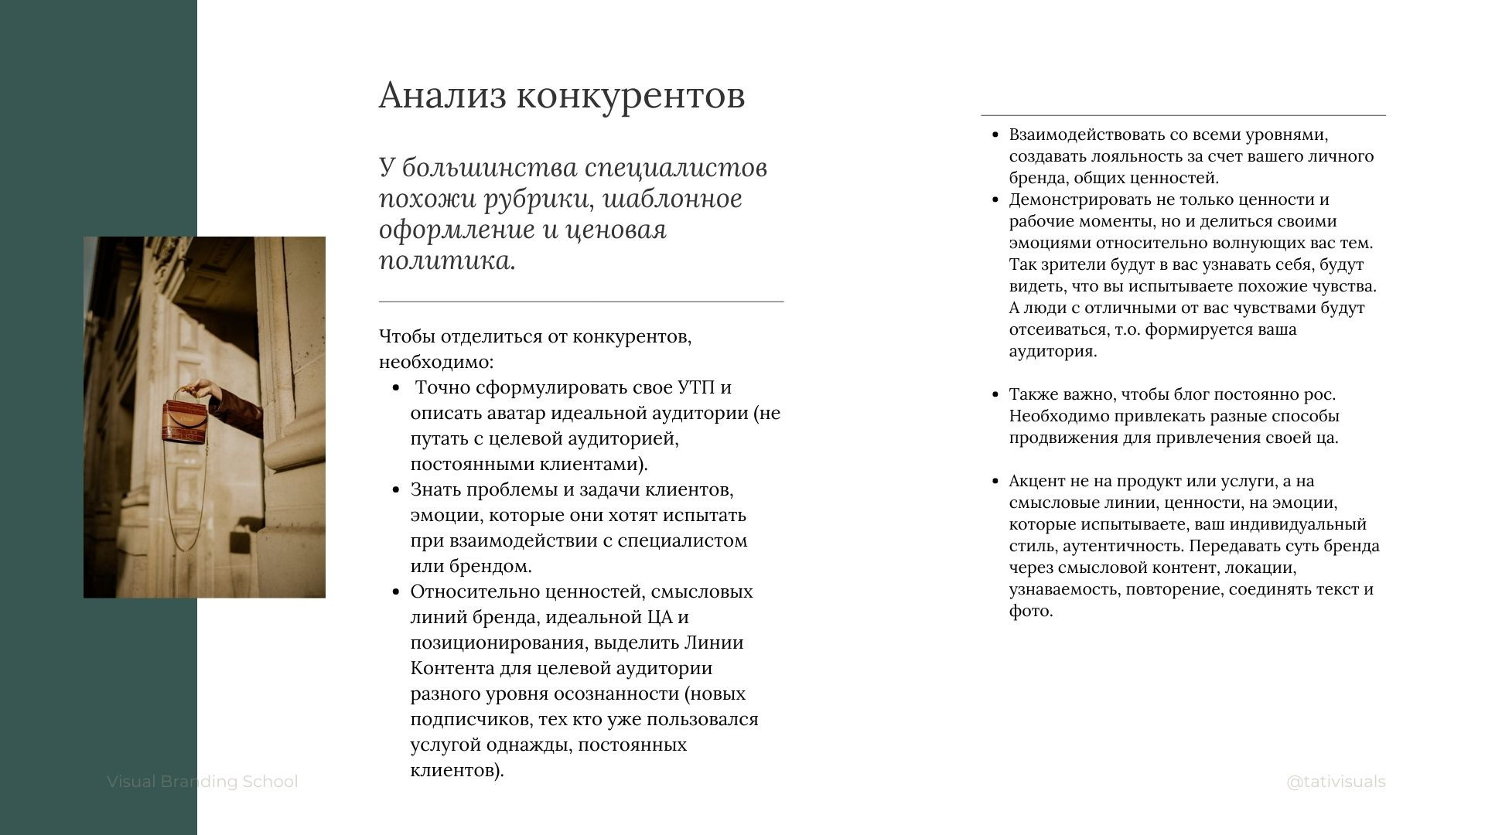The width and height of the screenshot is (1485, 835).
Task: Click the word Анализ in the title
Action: [x=442, y=95]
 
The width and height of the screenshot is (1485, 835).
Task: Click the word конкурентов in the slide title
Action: [x=630, y=95]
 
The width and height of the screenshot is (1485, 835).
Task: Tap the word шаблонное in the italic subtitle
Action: [x=672, y=199]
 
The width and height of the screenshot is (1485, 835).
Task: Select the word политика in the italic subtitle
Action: [x=445, y=261]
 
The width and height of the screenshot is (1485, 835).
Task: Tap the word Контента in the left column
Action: [x=452, y=668]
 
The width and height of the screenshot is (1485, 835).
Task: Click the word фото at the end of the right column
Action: [x=1029, y=611]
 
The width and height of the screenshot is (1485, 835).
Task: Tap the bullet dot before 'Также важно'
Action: [x=995, y=394]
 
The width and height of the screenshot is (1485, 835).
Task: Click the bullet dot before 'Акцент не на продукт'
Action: [x=995, y=481]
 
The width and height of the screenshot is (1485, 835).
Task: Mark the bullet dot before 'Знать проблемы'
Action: [x=396, y=489]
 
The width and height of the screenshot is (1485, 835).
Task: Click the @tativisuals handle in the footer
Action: [x=1336, y=782]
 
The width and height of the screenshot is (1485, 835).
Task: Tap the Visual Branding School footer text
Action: [x=202, y=782]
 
